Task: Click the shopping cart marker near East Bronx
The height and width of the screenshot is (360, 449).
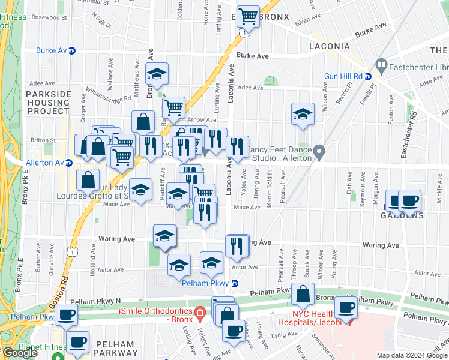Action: (x=247, y=17)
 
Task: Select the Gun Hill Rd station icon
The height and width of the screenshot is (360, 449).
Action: (x=368, y=76)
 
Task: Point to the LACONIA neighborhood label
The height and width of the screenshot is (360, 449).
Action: (x=329, y=46)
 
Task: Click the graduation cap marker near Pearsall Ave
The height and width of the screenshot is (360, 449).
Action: (x=303, y=114)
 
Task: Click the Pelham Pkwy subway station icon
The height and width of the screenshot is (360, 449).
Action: (x=235, y=283)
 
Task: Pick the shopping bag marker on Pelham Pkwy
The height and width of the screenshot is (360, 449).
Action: (x=303, y=295)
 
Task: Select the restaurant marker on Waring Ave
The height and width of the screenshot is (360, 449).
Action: (x=237, y=245)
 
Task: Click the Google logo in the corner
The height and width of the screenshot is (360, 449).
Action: (x=20, y=353)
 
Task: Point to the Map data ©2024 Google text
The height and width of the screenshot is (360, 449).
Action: (x=412, y=355)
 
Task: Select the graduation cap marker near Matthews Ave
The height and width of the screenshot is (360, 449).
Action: (x=157, y=74)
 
